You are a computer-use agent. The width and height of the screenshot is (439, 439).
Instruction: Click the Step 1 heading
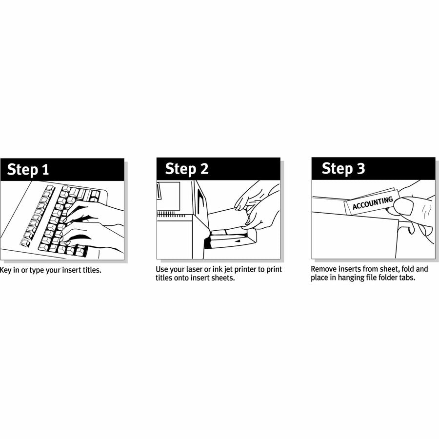pos(28,170)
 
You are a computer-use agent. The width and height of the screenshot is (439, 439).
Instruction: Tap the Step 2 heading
pos(186,169)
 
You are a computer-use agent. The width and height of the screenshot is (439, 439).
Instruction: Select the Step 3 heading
pos(343,169)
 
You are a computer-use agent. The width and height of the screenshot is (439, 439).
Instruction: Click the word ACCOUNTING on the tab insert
pos(373,202)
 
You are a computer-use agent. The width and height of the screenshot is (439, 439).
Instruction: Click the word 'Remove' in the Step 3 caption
pos(323,269)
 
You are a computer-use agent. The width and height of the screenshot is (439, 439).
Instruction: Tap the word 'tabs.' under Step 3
pos(406,278)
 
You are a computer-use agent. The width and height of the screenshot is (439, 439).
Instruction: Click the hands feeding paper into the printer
pos(259,205)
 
